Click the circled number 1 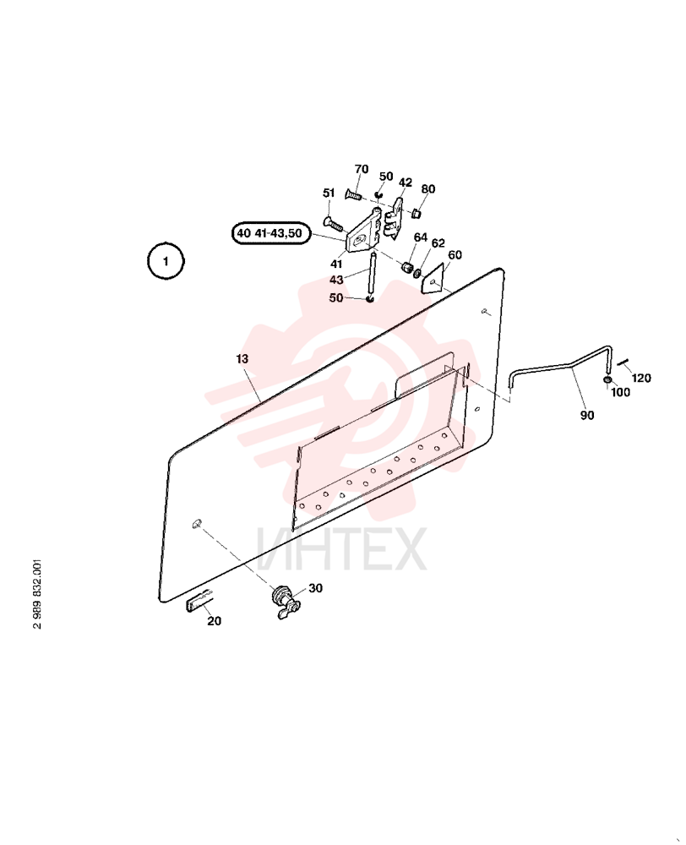click(x=166, y=261)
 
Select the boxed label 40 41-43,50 click(x=271, y=233)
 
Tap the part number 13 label click(x=242, y=359)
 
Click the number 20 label click(x=214, y=621)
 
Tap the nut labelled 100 click(x=607, y=382)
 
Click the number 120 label click(x=641, y=378)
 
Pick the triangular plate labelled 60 click(x=432, y=279)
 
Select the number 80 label click(x=427, y=189)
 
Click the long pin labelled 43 click(x=371, y=275)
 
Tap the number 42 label click(x=406, y=183)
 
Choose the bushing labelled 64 click(x=407, y=267)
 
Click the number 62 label click(x=438, y=243)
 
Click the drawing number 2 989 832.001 click(x=36, y=594)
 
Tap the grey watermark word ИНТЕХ click(x=342, y=549)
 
